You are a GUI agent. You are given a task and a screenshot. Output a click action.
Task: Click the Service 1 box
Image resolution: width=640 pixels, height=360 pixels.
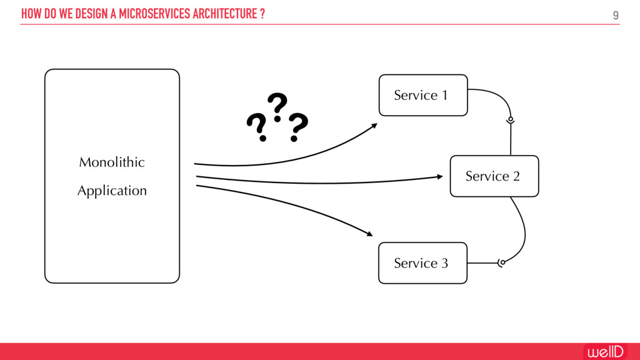pyautogui.click(x=423, y=95)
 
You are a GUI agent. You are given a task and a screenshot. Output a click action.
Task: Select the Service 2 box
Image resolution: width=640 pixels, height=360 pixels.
pyautogui.click(x=494, y=176)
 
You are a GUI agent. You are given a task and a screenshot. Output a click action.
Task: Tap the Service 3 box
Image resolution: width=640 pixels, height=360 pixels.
pyautogui.click(x=422, y=263)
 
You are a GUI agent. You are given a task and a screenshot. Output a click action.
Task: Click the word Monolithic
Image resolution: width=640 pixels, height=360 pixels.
pyautogui.click(x=112, y=162)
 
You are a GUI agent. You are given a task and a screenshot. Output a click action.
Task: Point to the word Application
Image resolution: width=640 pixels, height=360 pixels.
pyautogui.click(x=112, y=191)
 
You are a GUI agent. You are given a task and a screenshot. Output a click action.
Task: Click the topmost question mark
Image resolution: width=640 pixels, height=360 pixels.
pyautogui.click(x=277, y=106)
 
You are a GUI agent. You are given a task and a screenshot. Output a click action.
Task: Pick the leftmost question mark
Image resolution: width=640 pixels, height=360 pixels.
pyautogui.click(x=256, y=128)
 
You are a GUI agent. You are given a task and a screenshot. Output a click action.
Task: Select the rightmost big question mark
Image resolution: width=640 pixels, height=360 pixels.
pyautogui.click(x=297, y=127)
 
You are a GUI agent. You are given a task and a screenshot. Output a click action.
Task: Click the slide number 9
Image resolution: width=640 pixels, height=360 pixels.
pyautogui.click(x=616, y=15)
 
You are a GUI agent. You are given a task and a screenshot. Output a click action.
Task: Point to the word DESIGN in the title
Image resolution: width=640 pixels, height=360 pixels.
pyautogui.click(x=91, y=14)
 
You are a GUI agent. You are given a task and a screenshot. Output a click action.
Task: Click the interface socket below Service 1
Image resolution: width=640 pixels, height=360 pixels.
pyautogui.click(x=511, y=119)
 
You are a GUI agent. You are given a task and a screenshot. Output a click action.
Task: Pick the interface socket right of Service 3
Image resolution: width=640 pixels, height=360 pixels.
pyautogui.click(x=501, y=262)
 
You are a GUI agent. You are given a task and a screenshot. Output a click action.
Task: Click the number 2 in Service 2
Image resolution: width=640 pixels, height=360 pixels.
pyautogui.click(x=516, y=176)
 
